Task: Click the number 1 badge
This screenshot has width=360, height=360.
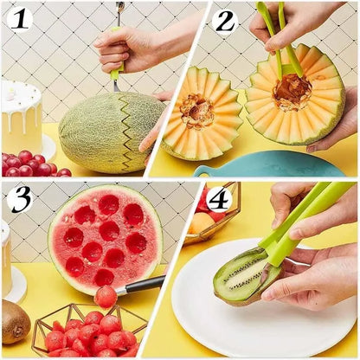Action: tap(19, 19)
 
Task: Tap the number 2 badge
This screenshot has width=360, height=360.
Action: tap(226, 20)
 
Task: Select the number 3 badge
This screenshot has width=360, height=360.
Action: tap(19, 199)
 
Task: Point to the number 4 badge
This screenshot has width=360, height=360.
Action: tap(219, 199)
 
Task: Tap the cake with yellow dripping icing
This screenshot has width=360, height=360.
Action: tap(22, 116)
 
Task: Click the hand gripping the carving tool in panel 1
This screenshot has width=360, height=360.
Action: tap(128, 49)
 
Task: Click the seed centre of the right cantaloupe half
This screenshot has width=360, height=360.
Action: tap(292, 91)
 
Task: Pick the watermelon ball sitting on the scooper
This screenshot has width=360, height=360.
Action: tap(106, 297)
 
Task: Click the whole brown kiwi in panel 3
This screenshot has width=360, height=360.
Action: tap(15, 321)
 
